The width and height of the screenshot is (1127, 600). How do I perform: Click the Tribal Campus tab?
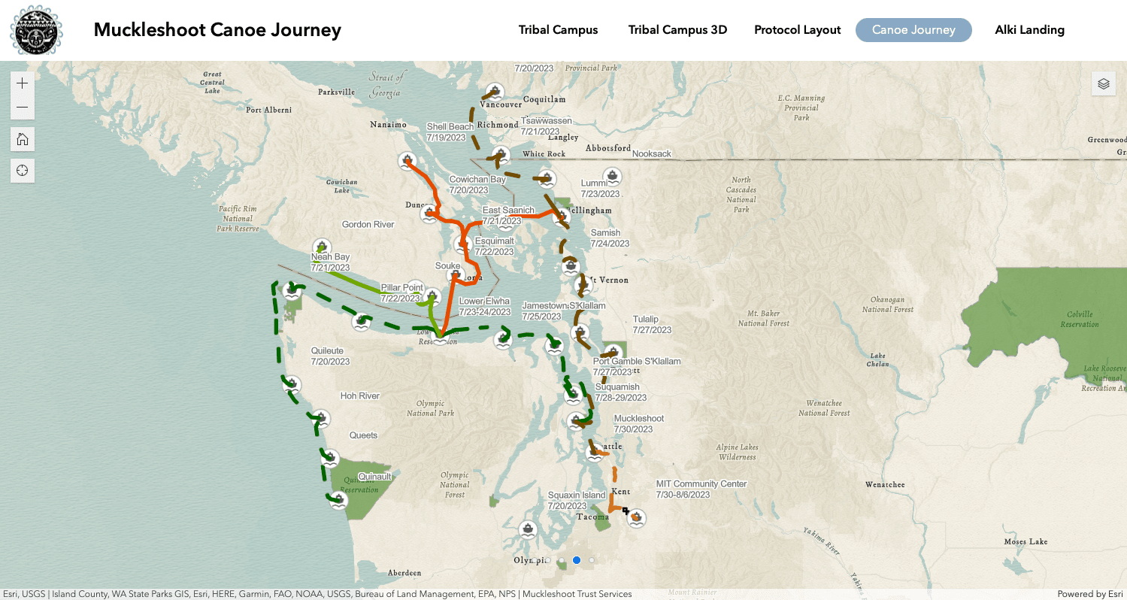[558, 30]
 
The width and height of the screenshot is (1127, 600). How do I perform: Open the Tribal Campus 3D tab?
[677, 30]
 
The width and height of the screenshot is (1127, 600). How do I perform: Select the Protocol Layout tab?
[797, 30]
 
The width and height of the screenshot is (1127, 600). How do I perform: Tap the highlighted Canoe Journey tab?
[913, 30]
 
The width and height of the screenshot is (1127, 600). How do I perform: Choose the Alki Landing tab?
[1029, 30]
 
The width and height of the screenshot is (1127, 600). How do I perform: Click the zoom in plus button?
[23, 83]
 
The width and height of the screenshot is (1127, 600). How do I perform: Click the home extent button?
[23, 139]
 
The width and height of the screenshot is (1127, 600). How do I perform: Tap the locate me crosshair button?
[23, 171]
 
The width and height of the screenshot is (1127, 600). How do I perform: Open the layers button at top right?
[1103, 83]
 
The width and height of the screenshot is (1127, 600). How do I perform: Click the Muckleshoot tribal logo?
[36, 30]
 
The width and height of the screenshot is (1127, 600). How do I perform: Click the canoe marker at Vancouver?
[493, 92]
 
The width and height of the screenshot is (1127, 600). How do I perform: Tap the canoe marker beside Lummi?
[613, 177]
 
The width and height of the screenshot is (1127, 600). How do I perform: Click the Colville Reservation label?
[1079, 319]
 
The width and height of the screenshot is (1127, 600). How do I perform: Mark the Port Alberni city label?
[268, 110]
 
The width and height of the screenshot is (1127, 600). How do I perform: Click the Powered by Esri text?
[1089, 594]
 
